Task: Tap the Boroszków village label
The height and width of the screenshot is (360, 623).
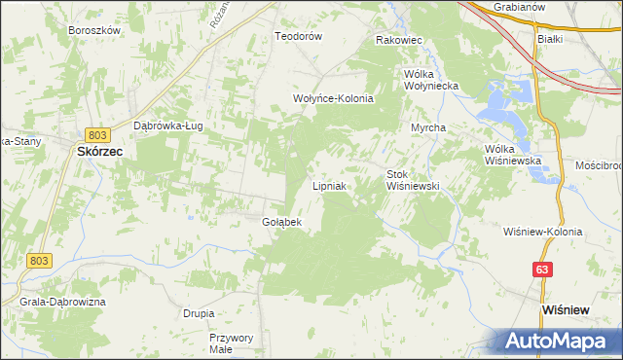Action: tap(93, 30)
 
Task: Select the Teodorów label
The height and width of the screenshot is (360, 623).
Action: tap(298, 36)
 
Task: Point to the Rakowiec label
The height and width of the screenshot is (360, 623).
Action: tap(398, 40)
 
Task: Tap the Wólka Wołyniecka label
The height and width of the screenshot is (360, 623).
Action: tap(430, 80)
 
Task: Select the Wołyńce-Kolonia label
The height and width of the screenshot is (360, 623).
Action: tap(334, 98)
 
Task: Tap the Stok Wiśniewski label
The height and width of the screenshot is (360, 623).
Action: tap(414, 179)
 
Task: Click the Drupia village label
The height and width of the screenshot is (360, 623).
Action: tap(199, 313)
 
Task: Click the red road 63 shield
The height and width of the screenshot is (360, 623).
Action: tap(542, 268)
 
